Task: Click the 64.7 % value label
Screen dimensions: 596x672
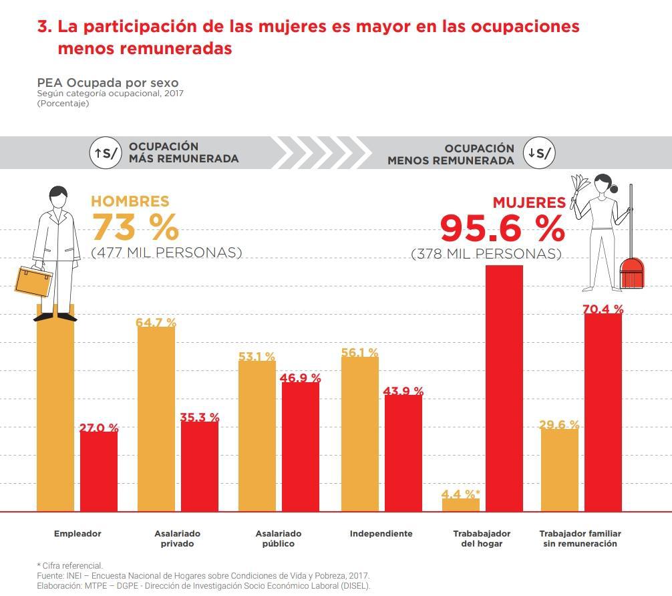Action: tap(156, 323)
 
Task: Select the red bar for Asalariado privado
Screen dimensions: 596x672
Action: tap(199, 466)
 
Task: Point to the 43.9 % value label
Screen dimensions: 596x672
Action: tap(403, 391)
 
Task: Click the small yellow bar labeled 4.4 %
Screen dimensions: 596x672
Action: tap(460, 504)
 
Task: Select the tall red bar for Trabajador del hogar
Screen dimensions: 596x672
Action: tap(504, 388)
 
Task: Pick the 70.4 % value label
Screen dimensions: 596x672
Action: tap(603, 309)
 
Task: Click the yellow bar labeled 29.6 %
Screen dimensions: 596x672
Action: tap(559, 469)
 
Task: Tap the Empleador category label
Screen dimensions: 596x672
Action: tap(77, 534)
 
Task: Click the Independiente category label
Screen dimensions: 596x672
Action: tap(381, 534)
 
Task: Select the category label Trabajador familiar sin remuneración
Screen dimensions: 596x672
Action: tap(580, 539)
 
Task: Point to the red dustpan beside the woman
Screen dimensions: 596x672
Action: tap(631, 273)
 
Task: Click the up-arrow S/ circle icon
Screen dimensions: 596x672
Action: tap(106, 153)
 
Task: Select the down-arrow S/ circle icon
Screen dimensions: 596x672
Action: tap(539, 153)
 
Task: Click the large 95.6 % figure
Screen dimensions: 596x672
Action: tap(502, 229)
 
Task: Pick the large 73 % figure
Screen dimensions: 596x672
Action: tap(135, 227)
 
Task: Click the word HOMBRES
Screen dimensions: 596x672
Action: tap(130, 201)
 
